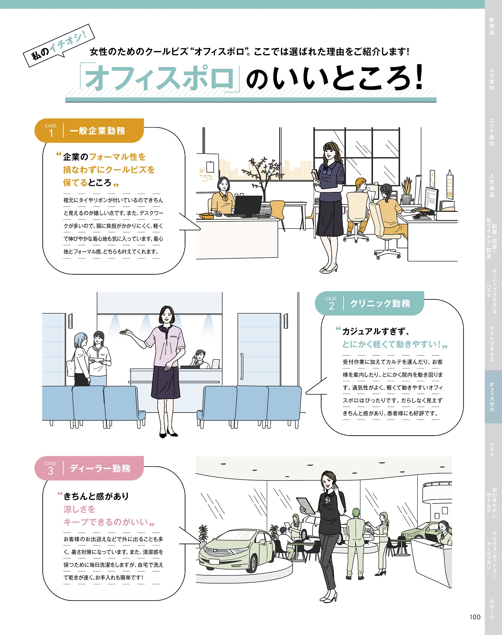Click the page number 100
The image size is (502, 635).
(475, 617)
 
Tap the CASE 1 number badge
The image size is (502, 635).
(51, 131)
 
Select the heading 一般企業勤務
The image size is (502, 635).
(97, 131)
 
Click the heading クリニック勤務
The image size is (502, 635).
(380, 303)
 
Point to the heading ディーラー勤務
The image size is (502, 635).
(100, 468)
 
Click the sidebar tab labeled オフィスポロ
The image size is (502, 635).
(491, 396)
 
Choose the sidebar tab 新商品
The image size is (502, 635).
(491, 26)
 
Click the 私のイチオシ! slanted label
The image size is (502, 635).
(59, 46)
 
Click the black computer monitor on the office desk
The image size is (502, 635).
(248, 205)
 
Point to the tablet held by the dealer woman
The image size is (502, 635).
(306, 506)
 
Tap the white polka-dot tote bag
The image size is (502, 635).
(71, 368)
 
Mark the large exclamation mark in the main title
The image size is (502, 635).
(418, 77)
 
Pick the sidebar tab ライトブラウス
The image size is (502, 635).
(491, 344)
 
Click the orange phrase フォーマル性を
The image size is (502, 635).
(117, 157)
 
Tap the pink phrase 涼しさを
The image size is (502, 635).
(79, 509)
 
